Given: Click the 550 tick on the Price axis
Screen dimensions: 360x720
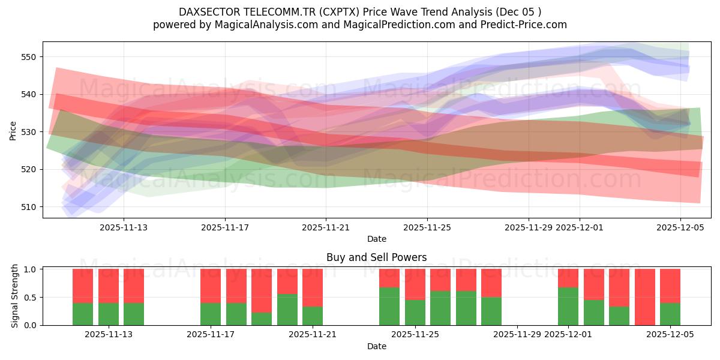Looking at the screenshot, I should pos(29,57).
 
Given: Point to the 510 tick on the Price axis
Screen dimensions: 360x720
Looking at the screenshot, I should pos(29,207).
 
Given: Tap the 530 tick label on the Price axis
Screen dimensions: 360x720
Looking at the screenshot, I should pos(29,132).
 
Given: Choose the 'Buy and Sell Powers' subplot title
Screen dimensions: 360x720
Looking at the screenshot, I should pos(376,257).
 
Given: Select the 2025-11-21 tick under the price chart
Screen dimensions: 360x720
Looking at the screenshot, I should pos(326,227).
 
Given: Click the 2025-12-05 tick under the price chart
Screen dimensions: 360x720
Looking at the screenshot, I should pos(680,227).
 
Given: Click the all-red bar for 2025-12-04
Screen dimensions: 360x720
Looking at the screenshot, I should pos(644,297).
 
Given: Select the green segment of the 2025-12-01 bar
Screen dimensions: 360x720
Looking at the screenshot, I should pos(568,307).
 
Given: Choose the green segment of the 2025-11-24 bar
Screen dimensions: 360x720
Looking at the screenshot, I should pos(389,307).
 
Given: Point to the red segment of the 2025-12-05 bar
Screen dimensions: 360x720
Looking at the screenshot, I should pos(670,286).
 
